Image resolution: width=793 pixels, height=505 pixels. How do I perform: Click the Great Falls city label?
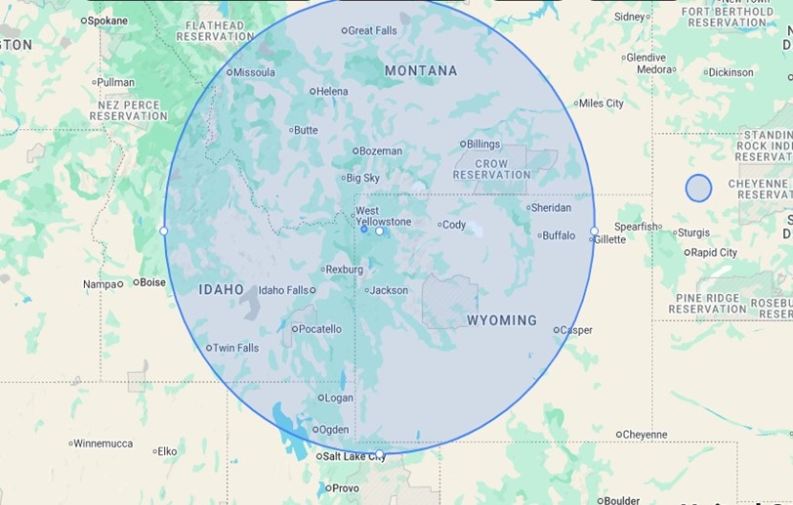tap(372, 30)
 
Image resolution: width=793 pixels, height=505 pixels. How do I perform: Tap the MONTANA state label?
tap(421, 71)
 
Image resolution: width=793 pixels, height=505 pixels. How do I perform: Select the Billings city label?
tap(482, 145)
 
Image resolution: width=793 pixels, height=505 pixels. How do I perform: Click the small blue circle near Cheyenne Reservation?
tap(698, 188)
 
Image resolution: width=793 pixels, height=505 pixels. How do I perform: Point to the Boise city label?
tap(152, 282)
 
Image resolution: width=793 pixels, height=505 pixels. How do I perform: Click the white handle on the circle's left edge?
tap(163, 231)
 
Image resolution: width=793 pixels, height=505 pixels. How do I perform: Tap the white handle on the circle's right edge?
tap(594, 231)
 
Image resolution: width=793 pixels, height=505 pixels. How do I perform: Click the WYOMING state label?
tap(502, 320)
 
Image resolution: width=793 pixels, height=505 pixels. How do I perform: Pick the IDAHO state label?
tap(221, 290)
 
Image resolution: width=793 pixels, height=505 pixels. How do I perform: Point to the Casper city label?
tap(575, 330)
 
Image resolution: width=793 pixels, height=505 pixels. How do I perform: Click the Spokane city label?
tap(106, 20)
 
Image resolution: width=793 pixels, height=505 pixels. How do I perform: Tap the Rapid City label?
tap(714, 252)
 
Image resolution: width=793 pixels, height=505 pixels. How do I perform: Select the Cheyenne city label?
tap(645, 435)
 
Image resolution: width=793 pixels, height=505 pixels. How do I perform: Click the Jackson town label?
tap(389, 290)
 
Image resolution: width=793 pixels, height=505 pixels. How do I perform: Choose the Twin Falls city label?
tap(235, 348)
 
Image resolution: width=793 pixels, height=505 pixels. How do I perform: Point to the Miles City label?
tap(601, 103)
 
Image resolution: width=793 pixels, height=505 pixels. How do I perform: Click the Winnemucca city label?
tap(103, 443)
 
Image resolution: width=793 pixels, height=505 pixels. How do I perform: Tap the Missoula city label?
tap(253, 72)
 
